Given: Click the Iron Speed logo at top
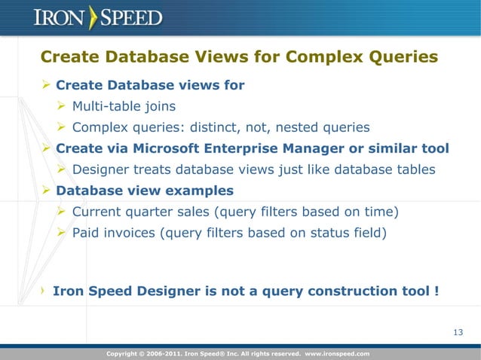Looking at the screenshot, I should pyautogui.click(x=98, y=17).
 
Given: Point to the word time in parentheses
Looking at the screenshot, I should pyautogui.click(x=383, y=212).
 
